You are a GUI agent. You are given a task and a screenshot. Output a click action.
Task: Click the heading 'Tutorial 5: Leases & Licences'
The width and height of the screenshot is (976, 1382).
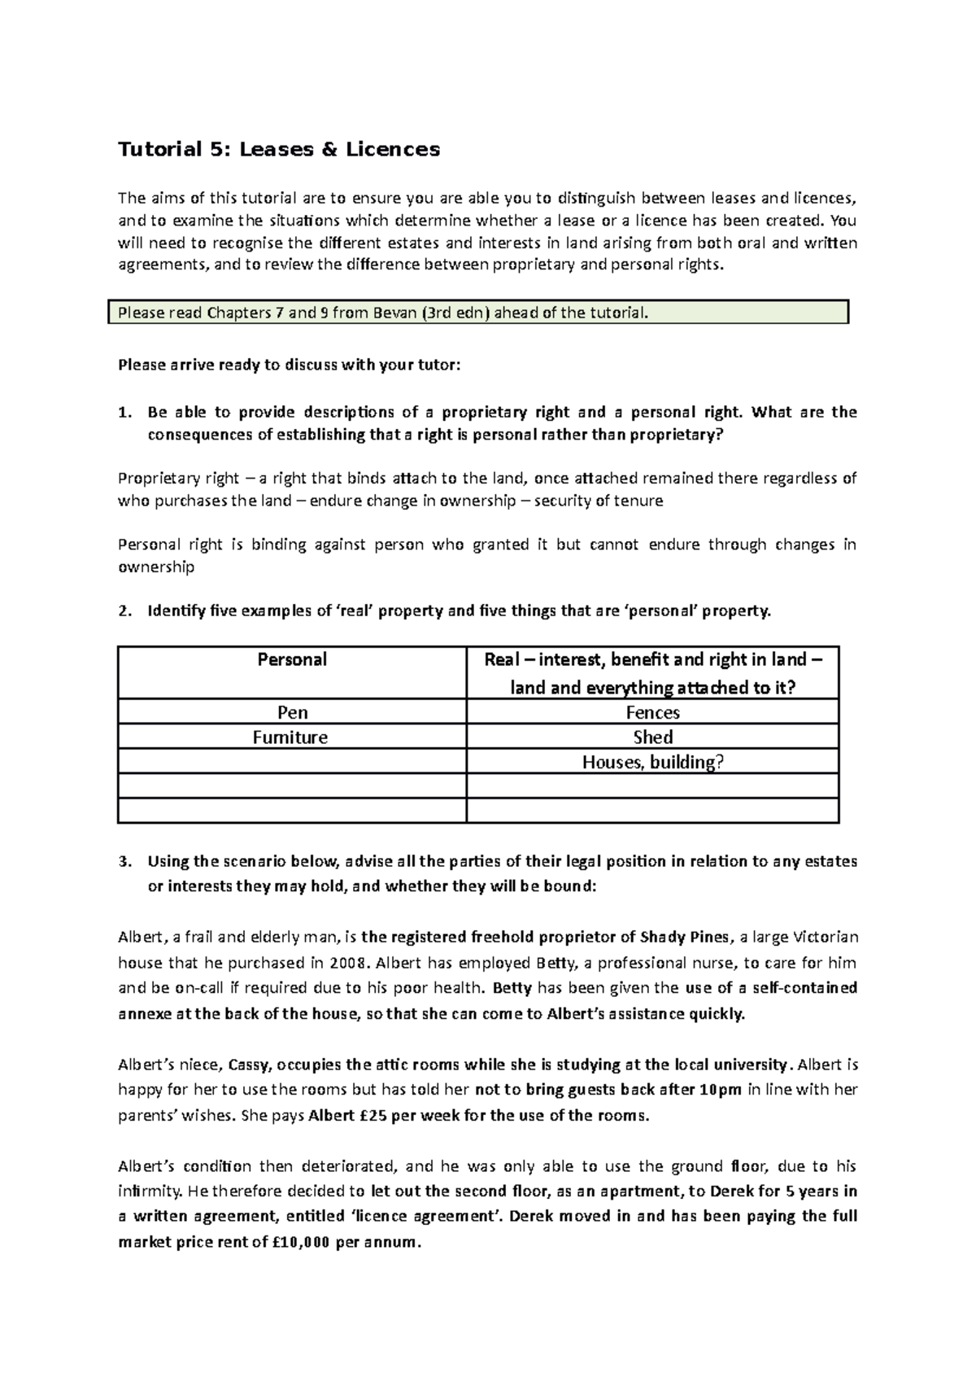[x=279, y=149]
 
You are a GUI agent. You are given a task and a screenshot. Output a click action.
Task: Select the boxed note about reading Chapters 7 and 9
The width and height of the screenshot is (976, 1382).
[x=478, y=312]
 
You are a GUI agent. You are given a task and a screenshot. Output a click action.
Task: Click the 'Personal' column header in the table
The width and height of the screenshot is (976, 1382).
[x=292, y=660]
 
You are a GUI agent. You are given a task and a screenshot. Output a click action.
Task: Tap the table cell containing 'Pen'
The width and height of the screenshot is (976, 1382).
[x=292, y=713]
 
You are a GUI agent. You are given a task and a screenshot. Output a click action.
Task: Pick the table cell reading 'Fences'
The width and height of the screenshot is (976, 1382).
[x=652, y=713]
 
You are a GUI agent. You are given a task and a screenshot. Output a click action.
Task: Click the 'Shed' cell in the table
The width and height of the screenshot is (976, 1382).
[x=652, y=737]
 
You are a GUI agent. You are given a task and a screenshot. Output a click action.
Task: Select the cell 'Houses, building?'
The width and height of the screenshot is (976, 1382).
[x=652, y=762]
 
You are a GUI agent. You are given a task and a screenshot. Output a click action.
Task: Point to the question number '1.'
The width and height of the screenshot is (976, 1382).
[x=124, y=413]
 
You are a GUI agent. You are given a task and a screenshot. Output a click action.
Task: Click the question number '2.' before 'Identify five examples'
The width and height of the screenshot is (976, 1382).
[x=124, y=611]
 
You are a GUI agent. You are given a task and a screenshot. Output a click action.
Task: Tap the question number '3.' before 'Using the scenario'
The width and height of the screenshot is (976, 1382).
[x=124, y=862]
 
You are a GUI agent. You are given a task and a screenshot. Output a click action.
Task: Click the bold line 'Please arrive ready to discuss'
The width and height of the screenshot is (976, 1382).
[x=289, y=365]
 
